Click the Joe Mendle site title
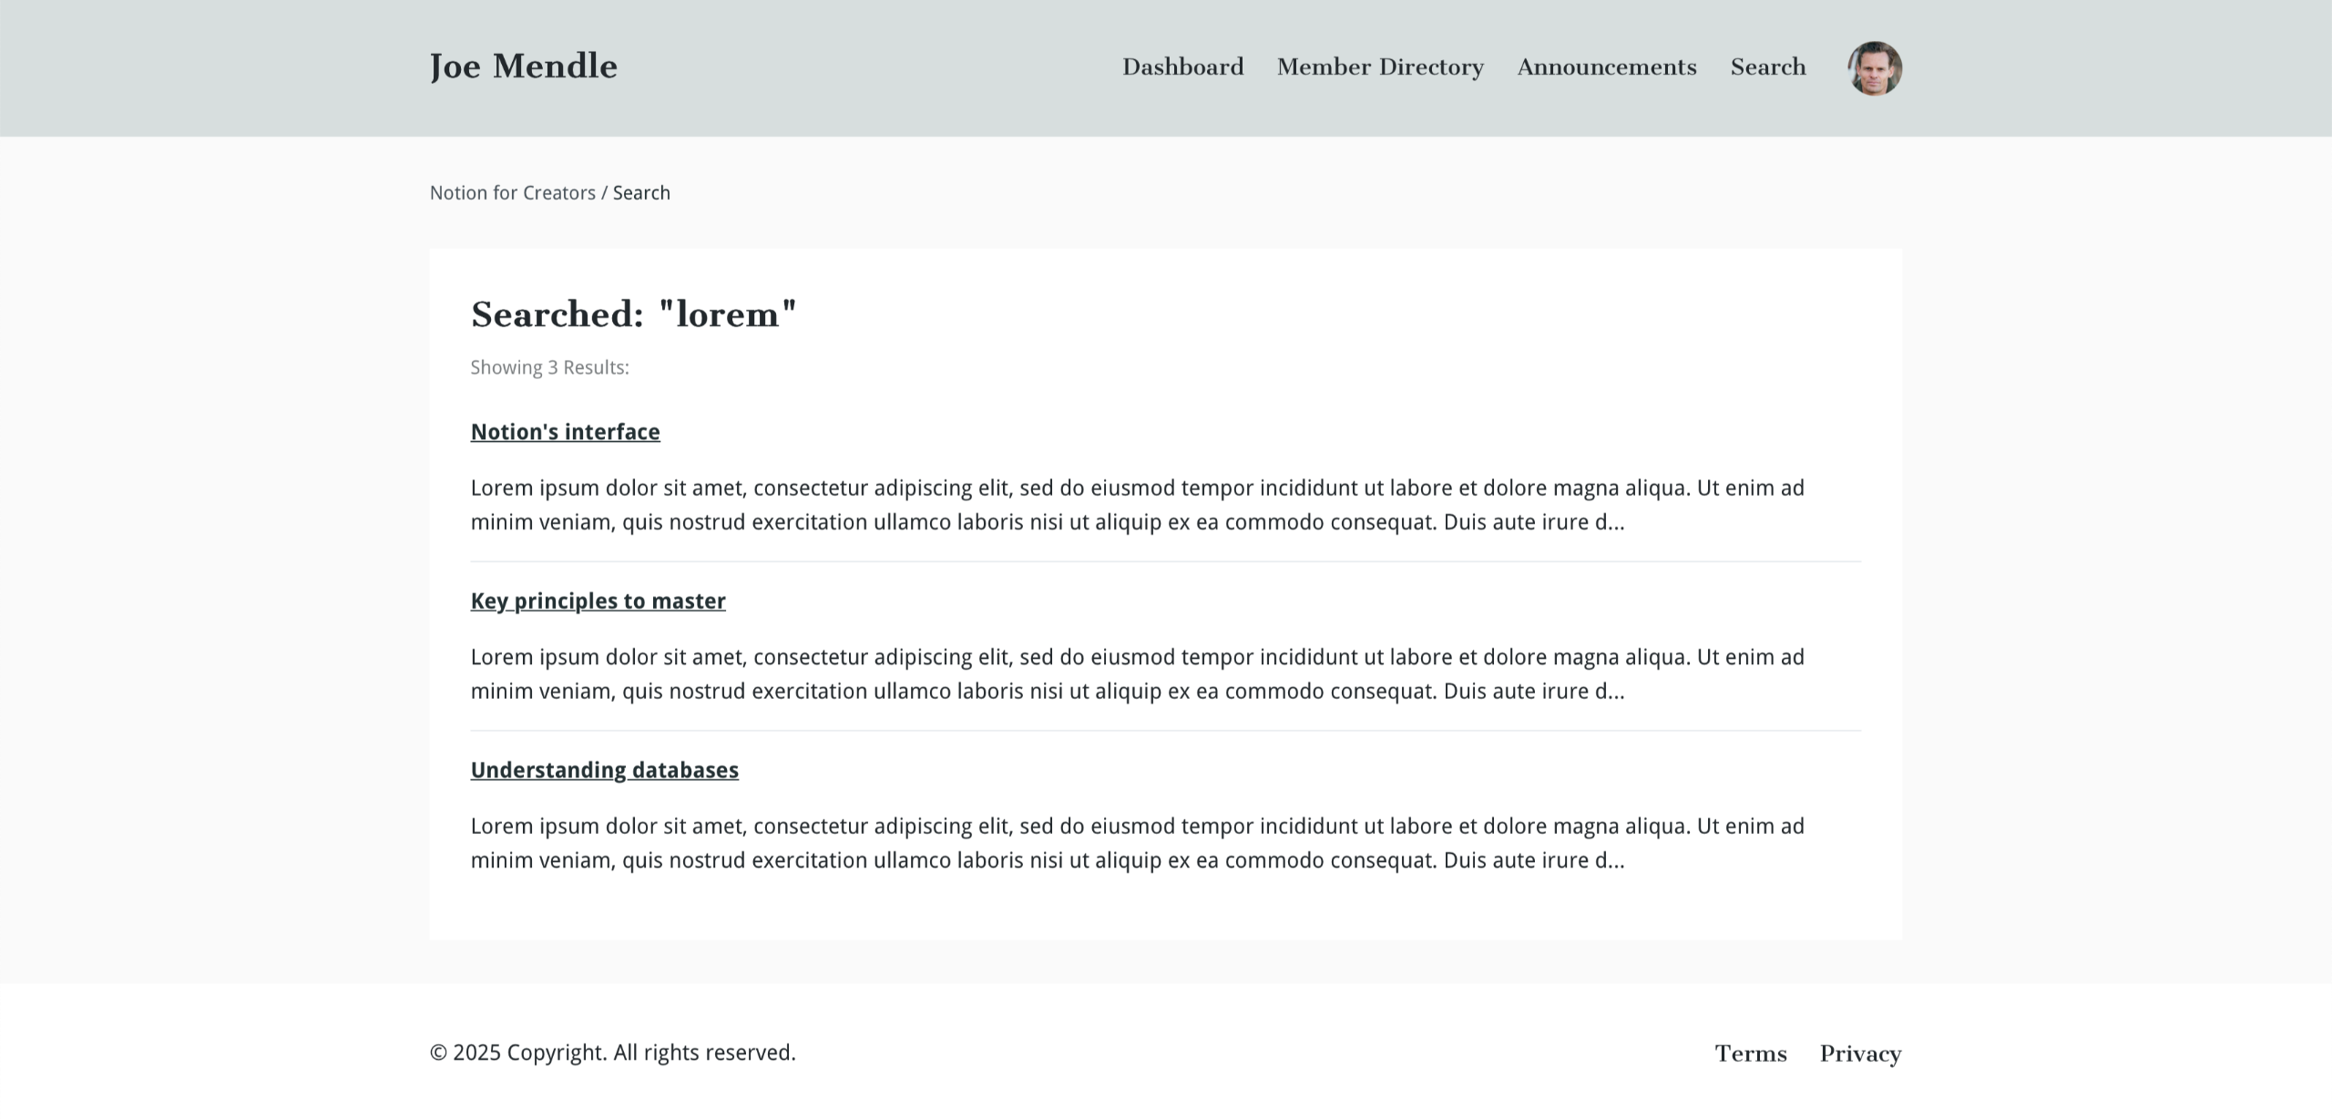523,67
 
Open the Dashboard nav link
1182,67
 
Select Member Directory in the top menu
1380,67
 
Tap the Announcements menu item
1607,67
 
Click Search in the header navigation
1767,67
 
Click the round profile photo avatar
1874,68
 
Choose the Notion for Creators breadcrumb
512,193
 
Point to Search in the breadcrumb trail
641,193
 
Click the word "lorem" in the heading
727,315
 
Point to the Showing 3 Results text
549,368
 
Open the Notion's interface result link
565,432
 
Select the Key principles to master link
598,601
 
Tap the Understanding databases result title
604,771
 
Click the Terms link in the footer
1750,1054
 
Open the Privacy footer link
1860,1054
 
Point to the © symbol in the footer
438,1053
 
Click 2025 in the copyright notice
476,1053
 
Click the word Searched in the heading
557,315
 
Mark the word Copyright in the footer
556,1053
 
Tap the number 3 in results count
552,368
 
